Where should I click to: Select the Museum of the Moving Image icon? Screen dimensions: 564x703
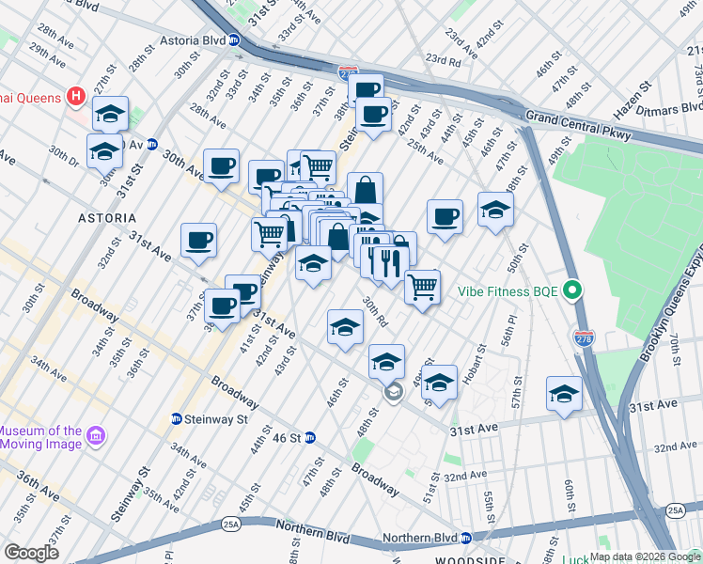[94, 435]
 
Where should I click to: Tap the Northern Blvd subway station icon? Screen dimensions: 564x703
[465, 539]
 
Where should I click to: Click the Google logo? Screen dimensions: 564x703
[32, 553]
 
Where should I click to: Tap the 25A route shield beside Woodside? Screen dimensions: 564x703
[675, 510]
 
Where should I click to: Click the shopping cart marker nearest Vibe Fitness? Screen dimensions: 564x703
[423, 285]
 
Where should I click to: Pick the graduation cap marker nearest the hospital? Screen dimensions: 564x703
[111, 114]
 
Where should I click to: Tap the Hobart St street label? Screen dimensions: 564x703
[480, 366]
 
